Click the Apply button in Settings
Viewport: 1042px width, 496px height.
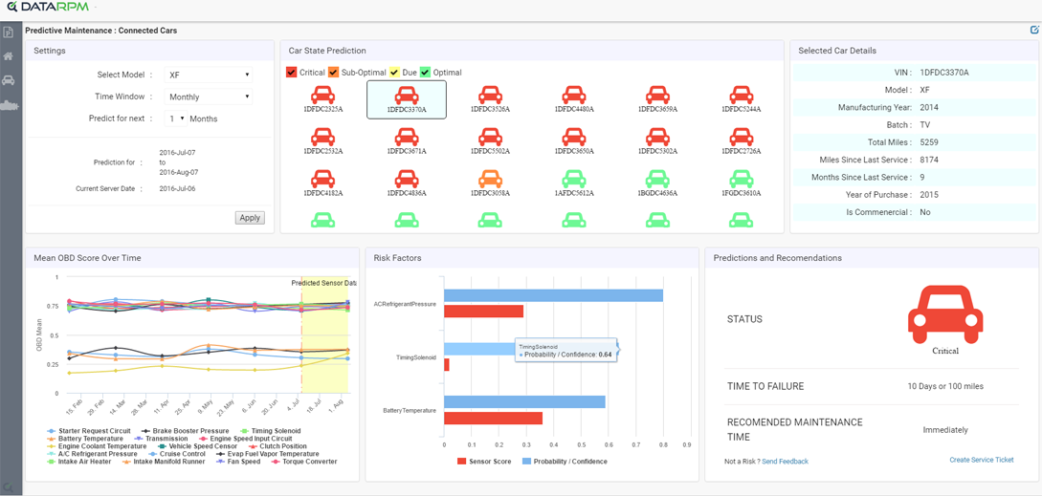(x=250, y=218)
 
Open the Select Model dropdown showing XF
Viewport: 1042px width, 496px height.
(x=208, y=75)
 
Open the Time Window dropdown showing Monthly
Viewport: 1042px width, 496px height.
(x=208, y=97)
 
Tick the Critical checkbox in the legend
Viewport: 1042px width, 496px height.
(x=292, y=73)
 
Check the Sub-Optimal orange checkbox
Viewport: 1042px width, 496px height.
(x=334, y=73)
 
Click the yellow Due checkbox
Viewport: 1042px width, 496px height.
(x=394, y=73)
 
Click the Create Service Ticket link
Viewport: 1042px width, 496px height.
(x=981, y=460)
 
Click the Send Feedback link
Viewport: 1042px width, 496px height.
(x=785, y=462)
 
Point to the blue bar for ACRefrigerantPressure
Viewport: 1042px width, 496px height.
(x=553, y=295)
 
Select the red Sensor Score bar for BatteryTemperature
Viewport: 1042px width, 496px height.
(x=493, y=418)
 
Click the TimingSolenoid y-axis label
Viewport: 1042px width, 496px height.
(x=416, y=357)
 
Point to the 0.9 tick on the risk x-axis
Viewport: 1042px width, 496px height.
(x=686, y=444)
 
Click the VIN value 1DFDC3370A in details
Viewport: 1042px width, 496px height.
(x=943, y=73)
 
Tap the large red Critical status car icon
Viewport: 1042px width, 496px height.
(x=944, y=313)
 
